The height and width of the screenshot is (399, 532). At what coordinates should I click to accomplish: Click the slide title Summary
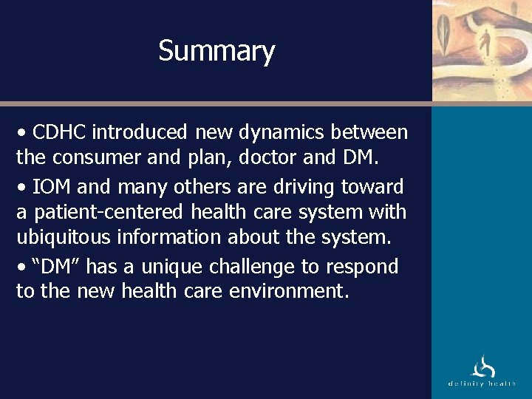coord(216,51)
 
